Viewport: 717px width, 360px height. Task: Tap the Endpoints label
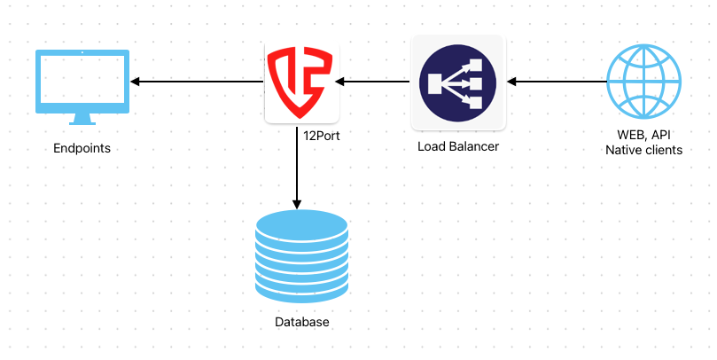pyautogui.click(x=82, y=148)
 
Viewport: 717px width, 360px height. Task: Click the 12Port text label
pyautogui.click(x=322, y=137)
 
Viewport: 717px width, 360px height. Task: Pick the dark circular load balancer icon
pyautogui.click(x=457, y=82)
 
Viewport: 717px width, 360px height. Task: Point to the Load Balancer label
pyautogui.click(x=458, y=145)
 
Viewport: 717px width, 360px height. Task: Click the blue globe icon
pyautogui.click(x=644, y=82)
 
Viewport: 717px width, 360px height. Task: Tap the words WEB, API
pyautogui.click(x=644, y=136)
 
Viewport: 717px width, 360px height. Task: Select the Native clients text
pyautogui.click(x=644, y=150)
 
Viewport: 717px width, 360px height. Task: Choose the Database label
pyautogui.click(x=301, y=322)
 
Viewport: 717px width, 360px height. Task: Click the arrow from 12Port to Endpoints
pyautogui.click(x=199, y=82)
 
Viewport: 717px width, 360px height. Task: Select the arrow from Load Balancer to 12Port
pyautogui.click(x=372, y=82)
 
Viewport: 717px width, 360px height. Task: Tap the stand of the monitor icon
pyautogui.click(x=82, y=118)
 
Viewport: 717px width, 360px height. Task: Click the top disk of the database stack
pyautogui.click(x=301, y=223)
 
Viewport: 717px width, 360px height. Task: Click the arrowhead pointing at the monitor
pyautogui.click(x=137, y=82)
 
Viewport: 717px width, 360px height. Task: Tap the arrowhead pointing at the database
pyautogui.click(x=297, y=200)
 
